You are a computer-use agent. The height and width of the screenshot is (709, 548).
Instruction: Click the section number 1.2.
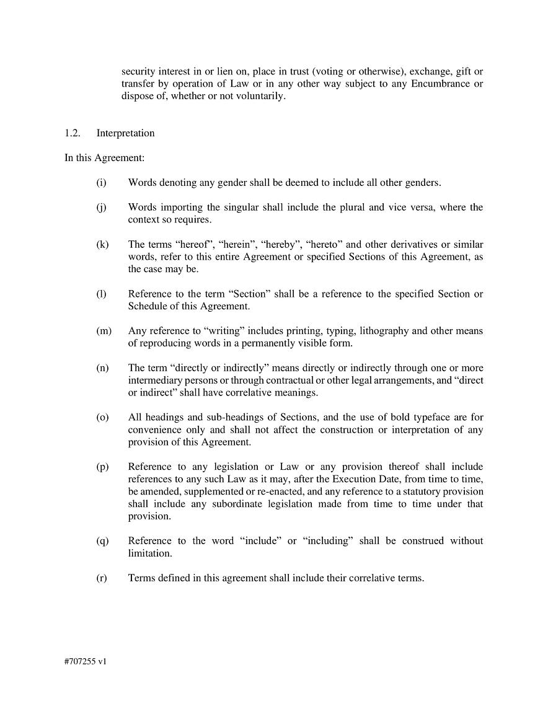click(x=72, y=133)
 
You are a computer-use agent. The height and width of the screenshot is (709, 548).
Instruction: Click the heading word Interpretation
click(x=125, y=133)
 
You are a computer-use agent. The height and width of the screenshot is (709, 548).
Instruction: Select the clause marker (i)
click(x=101, y=183)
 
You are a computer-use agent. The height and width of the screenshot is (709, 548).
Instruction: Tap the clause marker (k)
click(x=102, y=245)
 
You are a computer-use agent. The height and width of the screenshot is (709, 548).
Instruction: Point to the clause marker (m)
click(x=104, y=331)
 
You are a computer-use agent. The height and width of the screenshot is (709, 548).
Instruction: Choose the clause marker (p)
click(x=102, y=467)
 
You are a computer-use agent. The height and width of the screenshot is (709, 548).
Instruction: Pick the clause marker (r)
click(x=101, y=578)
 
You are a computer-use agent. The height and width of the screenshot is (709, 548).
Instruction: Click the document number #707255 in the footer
click(x=79, y=662)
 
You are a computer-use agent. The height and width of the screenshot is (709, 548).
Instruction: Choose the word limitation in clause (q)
click(x=149, y=553)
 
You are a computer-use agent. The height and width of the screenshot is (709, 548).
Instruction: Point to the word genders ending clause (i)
click(x=423, y=183)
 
